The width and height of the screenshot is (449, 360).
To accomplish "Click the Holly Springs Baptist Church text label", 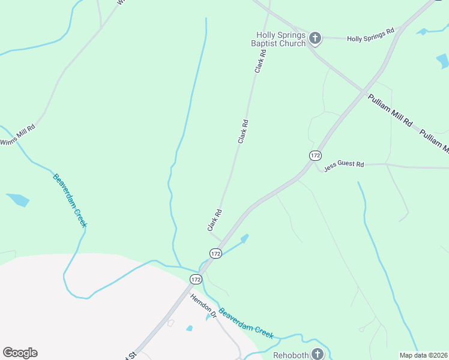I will [x=281, y=39].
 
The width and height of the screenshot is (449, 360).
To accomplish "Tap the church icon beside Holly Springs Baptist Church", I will [x=315, y=39].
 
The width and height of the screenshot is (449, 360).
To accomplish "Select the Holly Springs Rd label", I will [x=370, y=34].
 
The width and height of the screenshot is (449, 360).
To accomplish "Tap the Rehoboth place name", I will [x=291, y=355].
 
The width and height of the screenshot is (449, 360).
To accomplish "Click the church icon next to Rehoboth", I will [x=317, y=354].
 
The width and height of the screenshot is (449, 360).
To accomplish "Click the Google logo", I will [x=20, y=353].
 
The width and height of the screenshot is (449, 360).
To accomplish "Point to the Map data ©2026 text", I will [x=423, y=355].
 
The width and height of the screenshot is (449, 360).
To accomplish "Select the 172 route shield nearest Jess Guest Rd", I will [x=315, y=155].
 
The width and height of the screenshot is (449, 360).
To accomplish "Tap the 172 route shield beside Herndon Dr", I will [x=196, y=279].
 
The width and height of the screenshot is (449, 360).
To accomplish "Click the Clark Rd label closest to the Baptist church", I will [x=260, y=61].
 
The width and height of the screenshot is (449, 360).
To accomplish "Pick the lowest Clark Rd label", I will [x=215, y=220].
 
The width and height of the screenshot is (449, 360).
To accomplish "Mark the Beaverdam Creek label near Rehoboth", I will [x=246, y=323].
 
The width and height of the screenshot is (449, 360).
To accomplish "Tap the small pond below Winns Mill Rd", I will [x=17, y=200].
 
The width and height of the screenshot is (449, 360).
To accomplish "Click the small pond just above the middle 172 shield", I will [x=244, y=239].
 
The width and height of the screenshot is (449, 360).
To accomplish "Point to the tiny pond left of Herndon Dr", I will [x=190, y=328].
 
